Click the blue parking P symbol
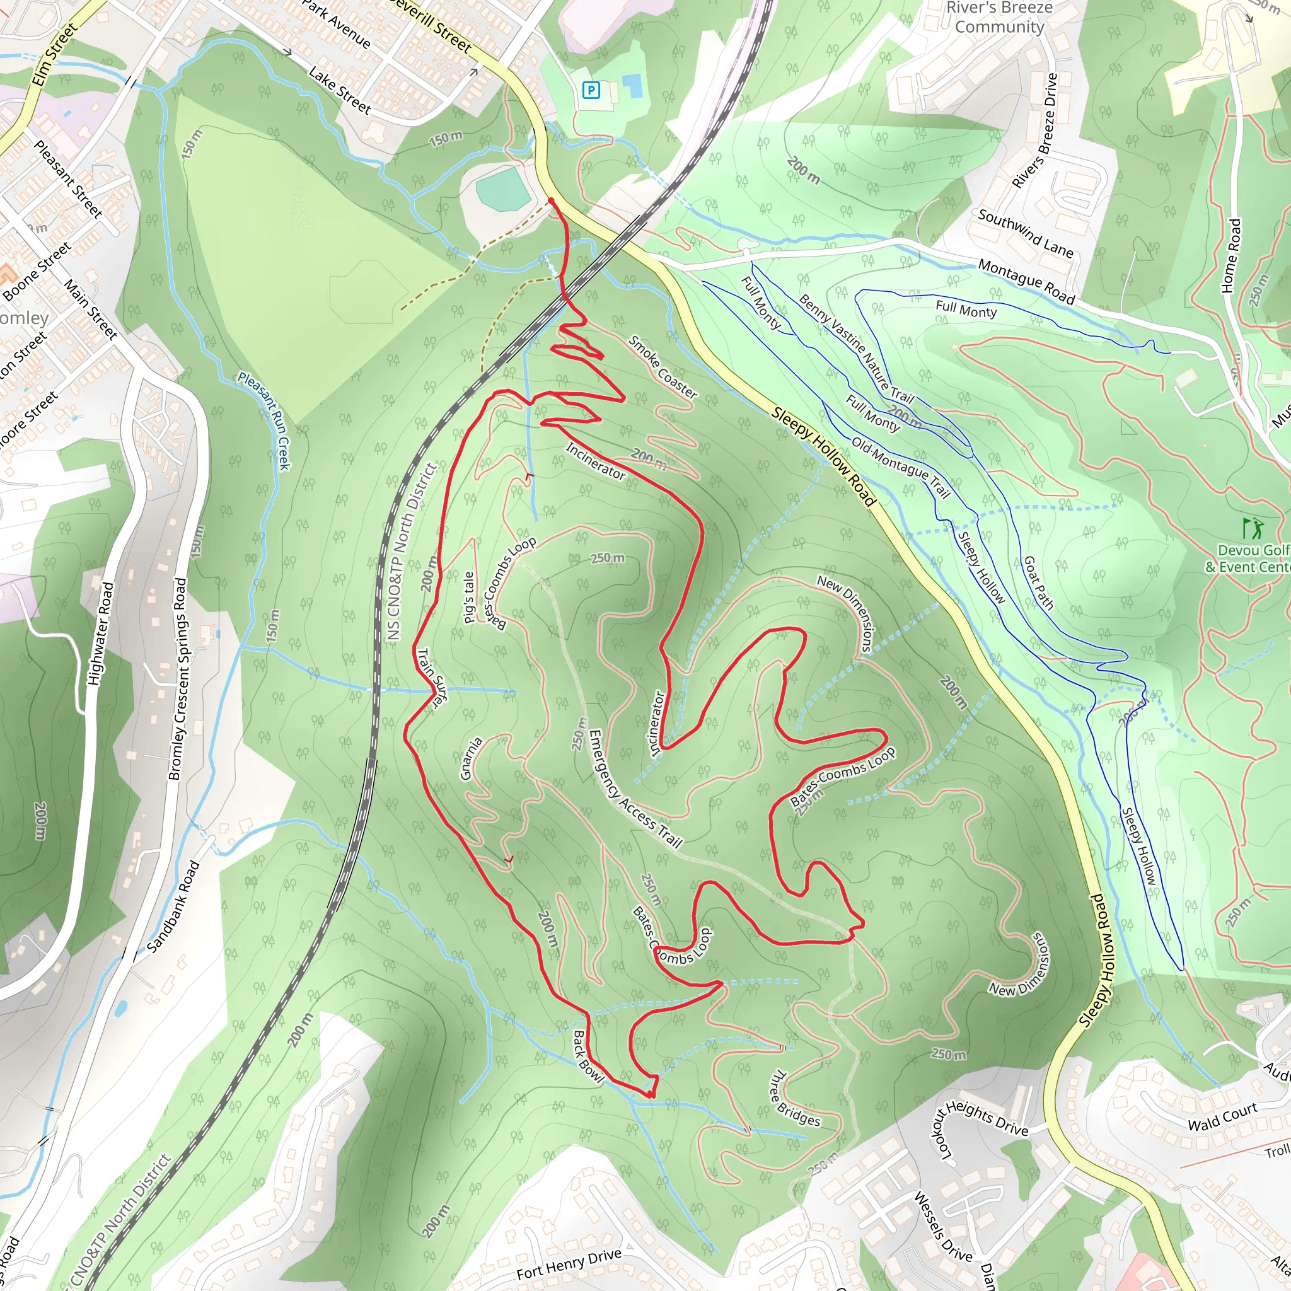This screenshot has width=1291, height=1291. coord(591,90)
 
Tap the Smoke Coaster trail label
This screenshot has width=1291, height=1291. coord(663,368)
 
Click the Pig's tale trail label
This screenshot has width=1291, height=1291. coord(469,597)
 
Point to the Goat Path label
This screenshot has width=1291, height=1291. coord(1038,582)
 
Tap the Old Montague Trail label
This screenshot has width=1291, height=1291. coord(900,467)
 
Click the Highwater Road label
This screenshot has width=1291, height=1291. coord(101,634)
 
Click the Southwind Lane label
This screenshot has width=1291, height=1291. coord(1025,233)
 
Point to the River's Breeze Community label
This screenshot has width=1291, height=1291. coord(999,18)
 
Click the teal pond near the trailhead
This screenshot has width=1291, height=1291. coord(503,188)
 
